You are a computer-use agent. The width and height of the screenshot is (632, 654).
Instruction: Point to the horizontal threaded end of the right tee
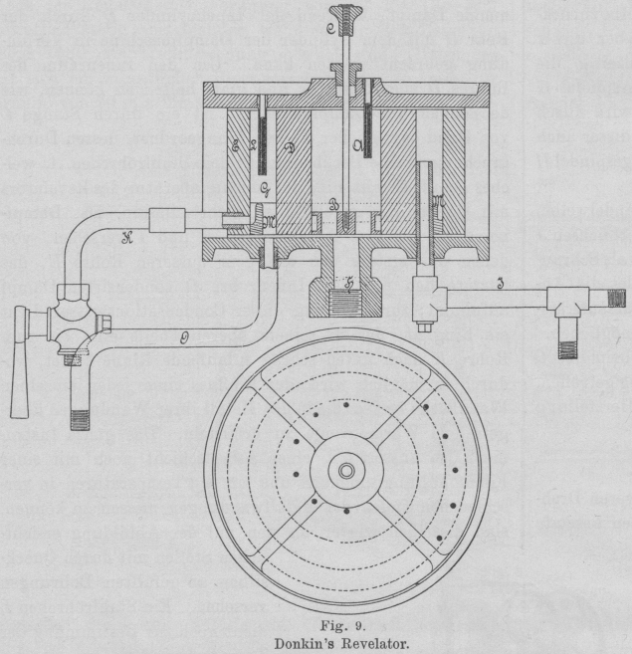point(614,297)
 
